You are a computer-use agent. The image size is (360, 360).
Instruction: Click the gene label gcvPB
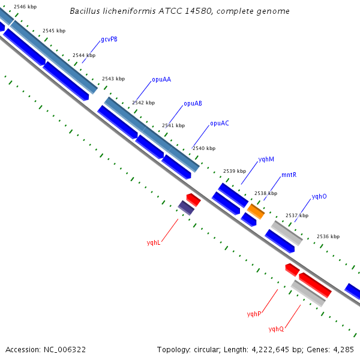pos(109,40)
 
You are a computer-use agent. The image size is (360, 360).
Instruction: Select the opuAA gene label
pos(161,80)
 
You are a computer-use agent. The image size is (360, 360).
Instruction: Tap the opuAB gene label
pos(193,104)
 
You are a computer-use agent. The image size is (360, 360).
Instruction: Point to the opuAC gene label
pos(220,123)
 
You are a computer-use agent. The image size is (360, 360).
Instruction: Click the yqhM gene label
pos(266,160)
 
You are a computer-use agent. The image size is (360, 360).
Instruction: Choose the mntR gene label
pos(289,175)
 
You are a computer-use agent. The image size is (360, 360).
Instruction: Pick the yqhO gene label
pos(319,197)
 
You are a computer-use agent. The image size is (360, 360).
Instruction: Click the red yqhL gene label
pos(154,242)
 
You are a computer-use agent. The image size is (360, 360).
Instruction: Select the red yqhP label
pos(254,314)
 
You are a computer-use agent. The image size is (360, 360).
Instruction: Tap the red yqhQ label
pos(276,329)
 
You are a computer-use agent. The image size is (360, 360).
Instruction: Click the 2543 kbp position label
pos(113,79)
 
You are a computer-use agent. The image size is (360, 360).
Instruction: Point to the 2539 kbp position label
pos(235,171)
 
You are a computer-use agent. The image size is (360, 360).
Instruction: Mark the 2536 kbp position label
pos(328,236)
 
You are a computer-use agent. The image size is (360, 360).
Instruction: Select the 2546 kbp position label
pos(25,7)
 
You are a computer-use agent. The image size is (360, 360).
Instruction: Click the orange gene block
pos(256,211)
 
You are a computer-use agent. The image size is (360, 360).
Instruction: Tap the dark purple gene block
pos(186,208)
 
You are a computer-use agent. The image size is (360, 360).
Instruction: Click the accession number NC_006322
pos(65,350)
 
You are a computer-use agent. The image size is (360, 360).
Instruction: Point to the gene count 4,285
pos(343,350)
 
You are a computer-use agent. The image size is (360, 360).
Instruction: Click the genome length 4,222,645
pos(270,350)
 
